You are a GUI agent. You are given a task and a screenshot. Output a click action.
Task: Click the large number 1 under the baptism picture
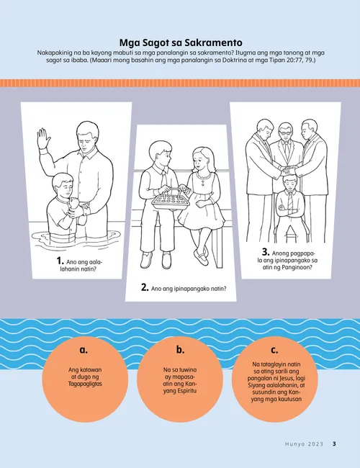click(x=60, y=261)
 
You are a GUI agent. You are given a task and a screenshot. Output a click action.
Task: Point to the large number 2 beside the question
click(x=145, y=287)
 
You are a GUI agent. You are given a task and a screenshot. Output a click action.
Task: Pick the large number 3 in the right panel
click(x=266, y=252)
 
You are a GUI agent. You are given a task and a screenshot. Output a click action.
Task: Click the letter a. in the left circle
click(x=84, y=350)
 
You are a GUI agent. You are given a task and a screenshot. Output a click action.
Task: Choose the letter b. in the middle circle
click(x=180, y=349)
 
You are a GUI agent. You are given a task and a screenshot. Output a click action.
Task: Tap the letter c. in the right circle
click(x=274, y=350)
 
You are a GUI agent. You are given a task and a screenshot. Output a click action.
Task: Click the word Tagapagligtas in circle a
click(x=85, y=384)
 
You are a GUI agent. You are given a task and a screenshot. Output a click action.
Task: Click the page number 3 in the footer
click(x=334, y=444)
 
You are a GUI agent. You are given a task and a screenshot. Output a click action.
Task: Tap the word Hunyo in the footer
click(x=294, y=444)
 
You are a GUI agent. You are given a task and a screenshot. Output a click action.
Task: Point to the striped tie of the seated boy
click(x=290, y=203)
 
